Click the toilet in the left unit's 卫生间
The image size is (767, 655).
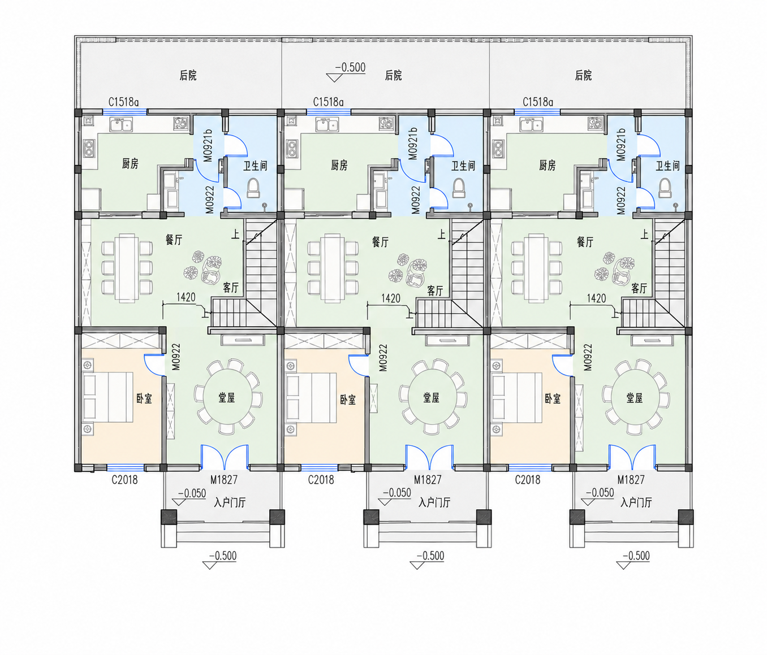(253, 188)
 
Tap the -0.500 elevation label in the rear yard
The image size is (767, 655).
(350, 67)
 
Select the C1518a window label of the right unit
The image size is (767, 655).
(538, 102)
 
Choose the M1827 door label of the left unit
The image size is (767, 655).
(224, 480)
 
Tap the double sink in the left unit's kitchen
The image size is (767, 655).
(121, 124)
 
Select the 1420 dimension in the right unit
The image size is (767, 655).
(596, 298)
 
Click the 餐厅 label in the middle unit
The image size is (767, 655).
(380, 242)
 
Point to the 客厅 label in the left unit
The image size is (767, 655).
(230, 287)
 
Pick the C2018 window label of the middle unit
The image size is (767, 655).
(321, 480)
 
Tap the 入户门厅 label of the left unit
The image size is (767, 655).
(230, 502)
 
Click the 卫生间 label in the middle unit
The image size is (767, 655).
(463, 166)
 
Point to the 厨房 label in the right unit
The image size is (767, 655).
(548, 165)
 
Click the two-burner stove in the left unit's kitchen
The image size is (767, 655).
(89, 149)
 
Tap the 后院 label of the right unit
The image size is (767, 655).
(583, 76)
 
